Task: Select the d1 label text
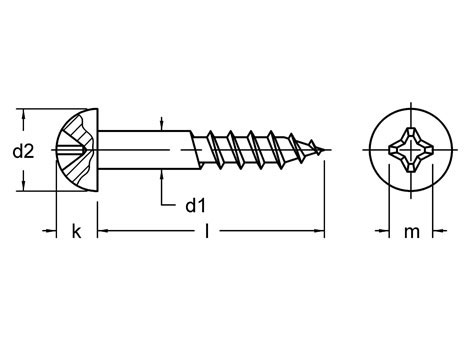tap(196, 206)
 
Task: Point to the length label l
tap(206, 232)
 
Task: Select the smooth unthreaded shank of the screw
tap(150, 151)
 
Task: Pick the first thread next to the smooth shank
tap(217, 151)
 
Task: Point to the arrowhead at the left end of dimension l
tap(103, 232)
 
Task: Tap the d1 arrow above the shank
tap(162, 125)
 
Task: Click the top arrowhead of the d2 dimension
tap(23, 113)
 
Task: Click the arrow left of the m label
tap(384, 232)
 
